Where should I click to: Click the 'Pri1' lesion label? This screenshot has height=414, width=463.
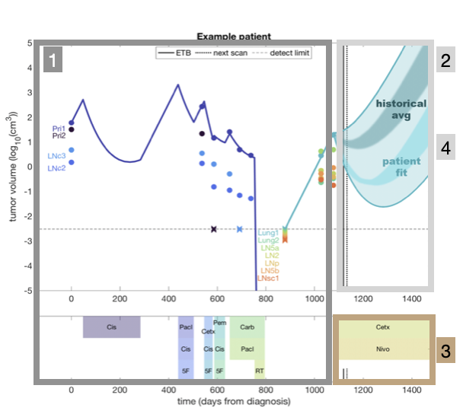(x=59, y=129)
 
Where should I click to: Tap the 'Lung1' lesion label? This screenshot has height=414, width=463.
(x=268, y=232)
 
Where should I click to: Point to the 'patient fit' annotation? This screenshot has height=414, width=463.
(x=402, y=167)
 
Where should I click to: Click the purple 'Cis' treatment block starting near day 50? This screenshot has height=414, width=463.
(x=111, y=327)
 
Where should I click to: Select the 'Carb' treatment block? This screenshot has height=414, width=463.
(x=247, y=327)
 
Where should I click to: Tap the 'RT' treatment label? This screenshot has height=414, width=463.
(x=259, y=371)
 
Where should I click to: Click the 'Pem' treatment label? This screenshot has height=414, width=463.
(x=220, y=323)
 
